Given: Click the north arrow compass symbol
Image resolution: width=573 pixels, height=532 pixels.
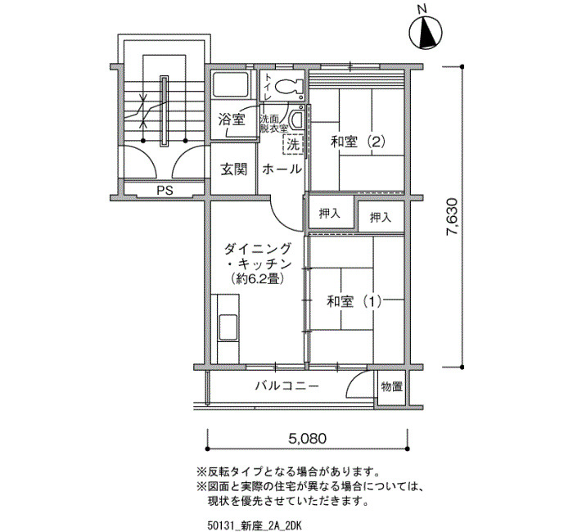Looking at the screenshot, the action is (x=426, y=31).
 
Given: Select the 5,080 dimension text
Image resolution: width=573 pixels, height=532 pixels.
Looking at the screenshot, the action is (x=308, y=438).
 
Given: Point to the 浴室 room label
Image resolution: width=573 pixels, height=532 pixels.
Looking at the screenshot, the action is (x=232, y=119).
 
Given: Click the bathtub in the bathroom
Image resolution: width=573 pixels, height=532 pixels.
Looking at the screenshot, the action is (x=231, y=85).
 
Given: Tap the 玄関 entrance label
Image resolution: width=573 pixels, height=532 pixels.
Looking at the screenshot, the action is (x=234, y=169).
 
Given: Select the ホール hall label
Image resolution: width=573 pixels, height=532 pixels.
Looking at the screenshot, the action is (x=282, y=169).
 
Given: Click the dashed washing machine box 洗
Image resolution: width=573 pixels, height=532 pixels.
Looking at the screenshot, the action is (x=293, y=145).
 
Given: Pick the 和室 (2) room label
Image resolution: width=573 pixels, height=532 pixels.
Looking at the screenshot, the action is (x=359, y=142).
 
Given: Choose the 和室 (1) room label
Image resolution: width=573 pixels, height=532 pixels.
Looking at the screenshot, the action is (x=354, y=301).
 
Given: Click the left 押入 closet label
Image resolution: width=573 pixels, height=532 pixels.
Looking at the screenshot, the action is (x=330, y=214).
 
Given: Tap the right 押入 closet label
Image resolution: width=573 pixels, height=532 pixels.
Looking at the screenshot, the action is (x=381, y=218).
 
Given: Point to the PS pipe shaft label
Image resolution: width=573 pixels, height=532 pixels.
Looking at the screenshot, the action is (x=165, y=191).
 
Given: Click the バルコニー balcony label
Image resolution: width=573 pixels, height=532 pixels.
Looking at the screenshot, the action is (x=287, y=385).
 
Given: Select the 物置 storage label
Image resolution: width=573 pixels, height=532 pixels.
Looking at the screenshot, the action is (x=392, y=386).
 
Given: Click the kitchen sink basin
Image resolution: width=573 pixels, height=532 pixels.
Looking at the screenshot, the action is (x=228, y=327).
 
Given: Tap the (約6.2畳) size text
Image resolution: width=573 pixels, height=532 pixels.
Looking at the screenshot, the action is (x=258, y=280).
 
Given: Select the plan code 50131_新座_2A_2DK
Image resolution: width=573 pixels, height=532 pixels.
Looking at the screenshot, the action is (x=255, y=525).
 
